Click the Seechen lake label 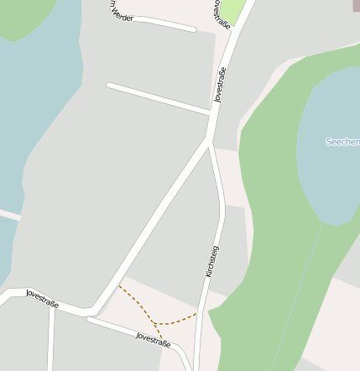(342, 142)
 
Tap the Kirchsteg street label (211, 261)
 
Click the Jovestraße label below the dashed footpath (154, 339)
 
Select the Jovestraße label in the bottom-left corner (42, 298)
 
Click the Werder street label (121, 12)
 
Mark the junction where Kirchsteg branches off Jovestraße (209, 138)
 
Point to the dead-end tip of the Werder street (195, 30)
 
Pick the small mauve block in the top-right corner (355, 5)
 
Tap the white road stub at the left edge (8, 216)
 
